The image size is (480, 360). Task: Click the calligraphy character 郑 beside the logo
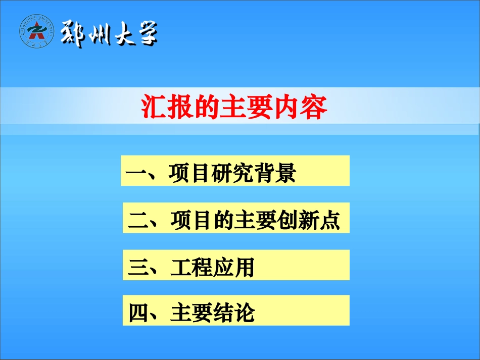[73, 34]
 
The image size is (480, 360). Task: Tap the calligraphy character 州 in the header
[99, 34]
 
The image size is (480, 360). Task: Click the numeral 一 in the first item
[135, 173]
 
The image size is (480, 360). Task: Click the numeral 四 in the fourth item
[137, 313]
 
